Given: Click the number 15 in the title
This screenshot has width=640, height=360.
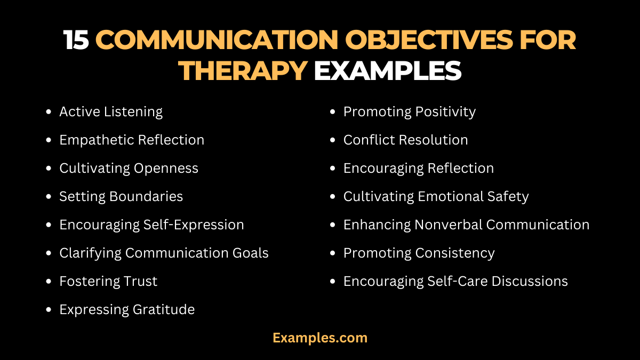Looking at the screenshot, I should (76, 41).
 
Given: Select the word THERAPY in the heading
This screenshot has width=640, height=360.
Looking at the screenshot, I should (244, 71).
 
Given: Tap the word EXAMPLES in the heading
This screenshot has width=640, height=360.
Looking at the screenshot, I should (387, 71).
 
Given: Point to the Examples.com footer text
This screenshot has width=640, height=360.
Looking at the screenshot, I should (320, 338).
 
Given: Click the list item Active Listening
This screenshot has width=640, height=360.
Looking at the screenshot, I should (111, 112).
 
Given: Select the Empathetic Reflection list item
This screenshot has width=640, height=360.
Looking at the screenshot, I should (132, 140).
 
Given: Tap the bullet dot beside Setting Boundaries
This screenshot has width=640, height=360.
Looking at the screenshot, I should (49, 197).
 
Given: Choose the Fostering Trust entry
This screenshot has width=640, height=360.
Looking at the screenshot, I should (108, 281).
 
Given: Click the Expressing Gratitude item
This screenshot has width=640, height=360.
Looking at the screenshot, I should (127, 309).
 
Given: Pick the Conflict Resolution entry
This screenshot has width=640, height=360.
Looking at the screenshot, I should (405, 140).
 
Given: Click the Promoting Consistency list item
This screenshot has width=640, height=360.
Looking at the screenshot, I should (419, 253).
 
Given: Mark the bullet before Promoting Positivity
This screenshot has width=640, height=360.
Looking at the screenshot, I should (333, 113).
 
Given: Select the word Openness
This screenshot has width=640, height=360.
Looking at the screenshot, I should (166, 169).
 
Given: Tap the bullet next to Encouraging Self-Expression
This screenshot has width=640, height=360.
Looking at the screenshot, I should (49, 225).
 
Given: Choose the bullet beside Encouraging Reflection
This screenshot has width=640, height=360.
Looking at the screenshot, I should (333, 169).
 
